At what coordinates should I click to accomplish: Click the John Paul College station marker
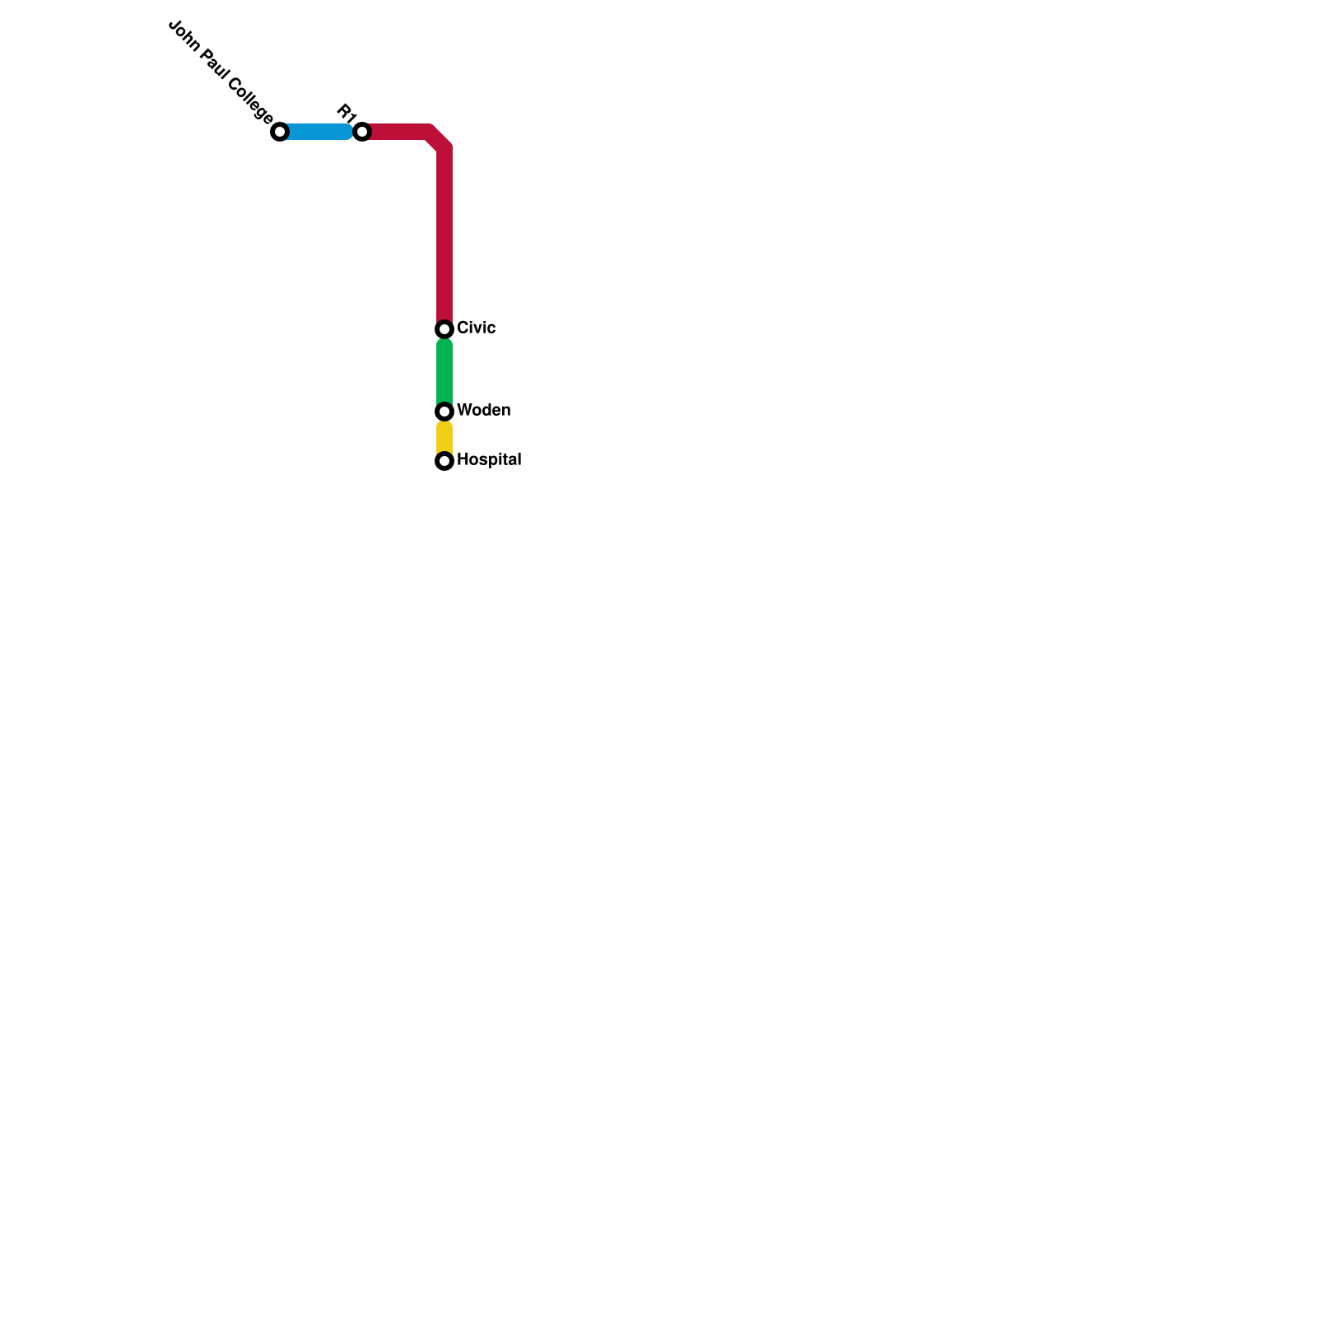280,132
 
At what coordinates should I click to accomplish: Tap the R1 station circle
362,132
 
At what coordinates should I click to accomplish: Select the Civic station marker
444,329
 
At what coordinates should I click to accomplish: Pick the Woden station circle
444,411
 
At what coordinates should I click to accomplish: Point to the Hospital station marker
444,461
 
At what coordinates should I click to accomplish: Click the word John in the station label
183,35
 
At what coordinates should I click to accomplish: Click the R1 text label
346,113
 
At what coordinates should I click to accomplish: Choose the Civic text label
476,328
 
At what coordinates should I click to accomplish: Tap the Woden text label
483,410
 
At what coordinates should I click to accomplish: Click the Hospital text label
489,459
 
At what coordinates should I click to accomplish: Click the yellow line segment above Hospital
444,436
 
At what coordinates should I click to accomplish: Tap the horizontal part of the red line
399,132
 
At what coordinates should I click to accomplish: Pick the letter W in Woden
463,410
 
